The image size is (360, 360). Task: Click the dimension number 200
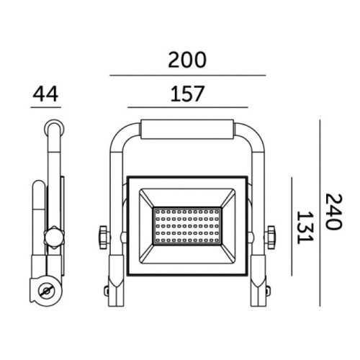coord(187,60)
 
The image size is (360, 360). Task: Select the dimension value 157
coord(187,94)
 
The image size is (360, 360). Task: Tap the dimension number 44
coord(45,94)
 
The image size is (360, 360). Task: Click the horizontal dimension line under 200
coord(187,75)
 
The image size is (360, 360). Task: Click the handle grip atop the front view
coord(187,130)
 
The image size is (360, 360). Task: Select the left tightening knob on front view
coord(102,235)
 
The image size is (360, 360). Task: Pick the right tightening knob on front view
coord(271,235)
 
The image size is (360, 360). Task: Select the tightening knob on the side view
coord(53,236)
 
